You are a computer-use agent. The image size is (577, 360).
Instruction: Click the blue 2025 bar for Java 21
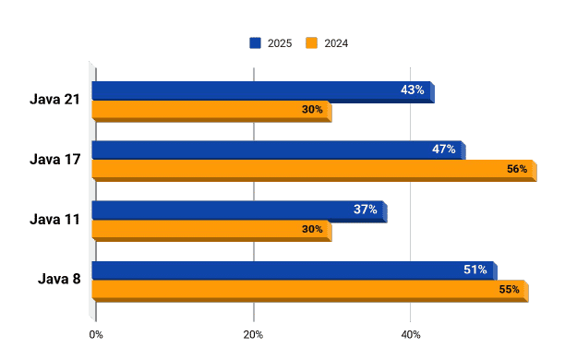(240, 90)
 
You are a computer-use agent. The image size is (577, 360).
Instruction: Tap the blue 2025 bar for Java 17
(258, 150)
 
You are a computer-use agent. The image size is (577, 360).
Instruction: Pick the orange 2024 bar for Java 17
(295, 170)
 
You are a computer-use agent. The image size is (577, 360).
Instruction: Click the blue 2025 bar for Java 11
(222, 210)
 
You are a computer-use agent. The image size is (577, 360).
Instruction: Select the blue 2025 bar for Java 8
(277, 270)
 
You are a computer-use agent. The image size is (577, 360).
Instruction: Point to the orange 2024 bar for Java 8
(295, 290)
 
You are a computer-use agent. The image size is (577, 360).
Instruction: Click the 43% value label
(413, 90)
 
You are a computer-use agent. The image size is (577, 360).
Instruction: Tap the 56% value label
(517, 169)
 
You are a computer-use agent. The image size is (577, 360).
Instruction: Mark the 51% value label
(475, 270)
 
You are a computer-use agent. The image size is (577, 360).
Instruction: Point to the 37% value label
(366, 210)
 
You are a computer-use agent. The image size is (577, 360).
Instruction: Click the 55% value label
(509, 290)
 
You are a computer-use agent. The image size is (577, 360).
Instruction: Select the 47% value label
(444, 150)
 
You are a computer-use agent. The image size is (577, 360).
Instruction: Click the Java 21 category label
(54, 100)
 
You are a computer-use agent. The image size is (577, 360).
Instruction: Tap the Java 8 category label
(59, 279)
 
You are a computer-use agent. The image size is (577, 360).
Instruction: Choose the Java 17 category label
(54, 159)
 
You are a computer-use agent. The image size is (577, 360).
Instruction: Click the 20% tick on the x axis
(253, 334)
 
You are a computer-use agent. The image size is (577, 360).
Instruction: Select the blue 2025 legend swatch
(256, 42)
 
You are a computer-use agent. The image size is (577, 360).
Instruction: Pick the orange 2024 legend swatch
(311, 42)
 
